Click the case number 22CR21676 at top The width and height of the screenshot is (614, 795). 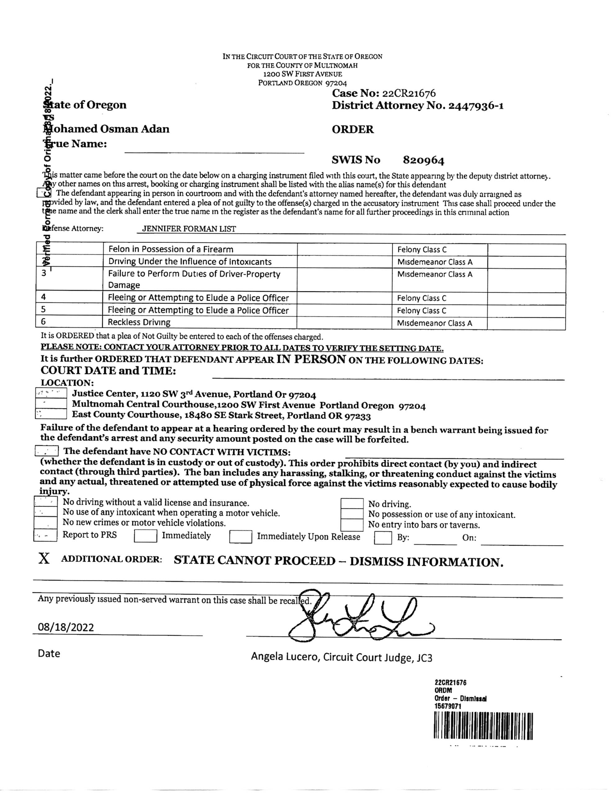tap(409, 93)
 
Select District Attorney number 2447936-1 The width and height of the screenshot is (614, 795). tap(476, 106)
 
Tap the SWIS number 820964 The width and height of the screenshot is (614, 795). tap(423, 160)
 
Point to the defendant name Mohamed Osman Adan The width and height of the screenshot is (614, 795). tap(106, 129)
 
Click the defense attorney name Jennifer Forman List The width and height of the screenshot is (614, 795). tap(189, 229)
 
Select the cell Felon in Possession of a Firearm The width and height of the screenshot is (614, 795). tap(171, 249)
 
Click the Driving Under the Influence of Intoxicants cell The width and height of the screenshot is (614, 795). tap(190, 262)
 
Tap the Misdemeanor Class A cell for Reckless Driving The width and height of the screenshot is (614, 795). tap(435, 323)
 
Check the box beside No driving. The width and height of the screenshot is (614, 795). tap(352, 504)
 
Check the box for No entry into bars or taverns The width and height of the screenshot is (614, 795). tap(352, 525)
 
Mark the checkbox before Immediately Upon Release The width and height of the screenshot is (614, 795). tap(241, 537)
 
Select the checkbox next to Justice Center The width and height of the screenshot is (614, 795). tap(51, 393)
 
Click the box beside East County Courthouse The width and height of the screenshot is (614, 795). tap(51, 414)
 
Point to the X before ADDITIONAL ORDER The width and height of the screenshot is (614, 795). tap(44, 559)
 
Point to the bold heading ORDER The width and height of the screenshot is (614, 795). tap(352, 129)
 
